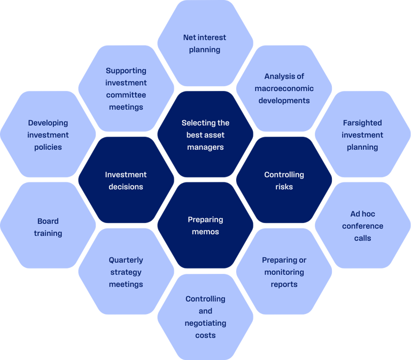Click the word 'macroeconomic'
pos(284,88)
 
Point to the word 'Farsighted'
pos(362,123)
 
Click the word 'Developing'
pos(48,123)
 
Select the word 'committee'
pos(126,95)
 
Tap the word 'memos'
pos(205,232)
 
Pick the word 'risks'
pos(284,187)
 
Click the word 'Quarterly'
pos(126,260)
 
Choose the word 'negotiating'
pos(205,323)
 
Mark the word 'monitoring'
pos(284,272)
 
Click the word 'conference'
pos(362,226)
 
